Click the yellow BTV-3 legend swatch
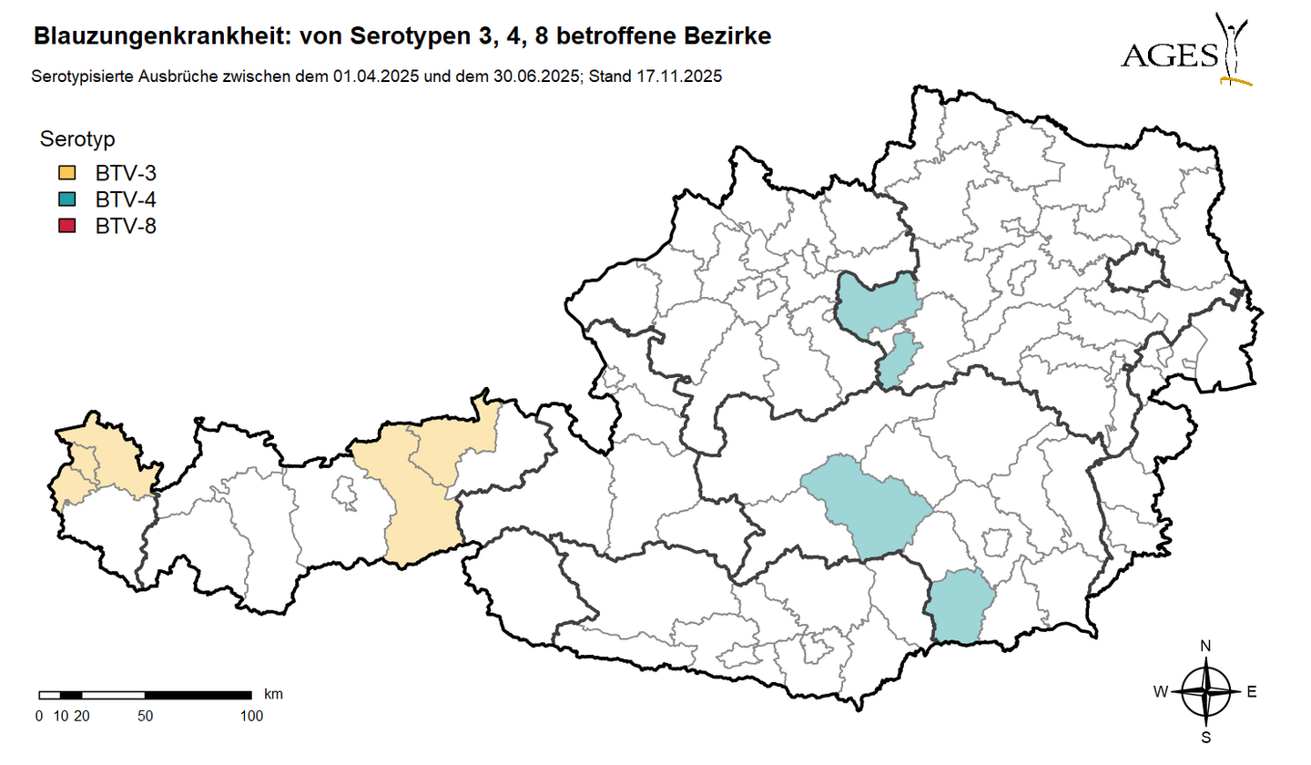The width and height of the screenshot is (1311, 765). pos(66,173)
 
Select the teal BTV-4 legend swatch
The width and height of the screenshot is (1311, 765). pos(66,199)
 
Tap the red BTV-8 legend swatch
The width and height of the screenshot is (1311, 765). pos(66,226)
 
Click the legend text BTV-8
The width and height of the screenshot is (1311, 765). pos(126,226)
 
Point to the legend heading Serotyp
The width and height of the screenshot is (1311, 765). pos(77,139)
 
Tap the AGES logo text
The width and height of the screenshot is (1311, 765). pos(1170,56)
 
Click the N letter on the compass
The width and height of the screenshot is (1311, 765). pos(1205,647)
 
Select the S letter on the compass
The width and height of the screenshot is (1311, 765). pos(1205,737)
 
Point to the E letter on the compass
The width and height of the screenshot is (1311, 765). pos(1251,692)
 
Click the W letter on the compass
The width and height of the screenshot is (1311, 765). pos(1161,692)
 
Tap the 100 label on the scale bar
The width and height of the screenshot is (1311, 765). pos(251,716)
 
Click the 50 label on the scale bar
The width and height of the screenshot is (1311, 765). pos(145,716)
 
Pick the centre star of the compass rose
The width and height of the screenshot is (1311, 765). pos(1205,692)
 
